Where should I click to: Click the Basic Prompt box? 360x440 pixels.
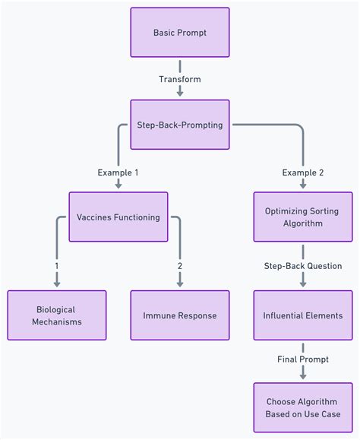click(x=180, y=33)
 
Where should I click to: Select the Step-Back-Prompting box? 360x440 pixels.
click(x=180, y=125)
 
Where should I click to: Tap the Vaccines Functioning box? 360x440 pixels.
click(x=118, y=217)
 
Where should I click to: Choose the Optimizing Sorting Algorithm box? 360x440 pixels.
click(x=303, y=217)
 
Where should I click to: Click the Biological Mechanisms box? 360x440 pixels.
click(x=57, y=315)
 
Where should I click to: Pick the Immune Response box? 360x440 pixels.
click(x=180, y=315)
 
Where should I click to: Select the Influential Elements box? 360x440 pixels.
click(x=303, y=315)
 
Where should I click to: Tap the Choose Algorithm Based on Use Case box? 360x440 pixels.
click(x=303, y=408)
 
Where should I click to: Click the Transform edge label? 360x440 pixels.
click(x=180, y=79)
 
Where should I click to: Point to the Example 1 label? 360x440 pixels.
click(x=118, y=173)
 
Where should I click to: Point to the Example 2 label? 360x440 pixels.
click(x=303, y=173)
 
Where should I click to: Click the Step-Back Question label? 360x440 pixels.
click(x=303, y=266)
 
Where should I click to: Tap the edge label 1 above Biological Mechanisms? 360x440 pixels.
click(x=57, y=266)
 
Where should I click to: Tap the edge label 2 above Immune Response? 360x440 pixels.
click(x=180, y=266)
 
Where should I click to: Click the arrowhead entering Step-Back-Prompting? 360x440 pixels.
click(x=180, y=94)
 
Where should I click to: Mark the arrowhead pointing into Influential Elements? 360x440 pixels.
click(x=303, y=284)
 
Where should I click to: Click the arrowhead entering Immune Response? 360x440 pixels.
click(x=180, y=284)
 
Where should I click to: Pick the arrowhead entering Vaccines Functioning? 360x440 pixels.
click(x=118, y=186)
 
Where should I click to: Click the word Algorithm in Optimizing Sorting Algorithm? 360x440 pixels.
click(x=303, y=224)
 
